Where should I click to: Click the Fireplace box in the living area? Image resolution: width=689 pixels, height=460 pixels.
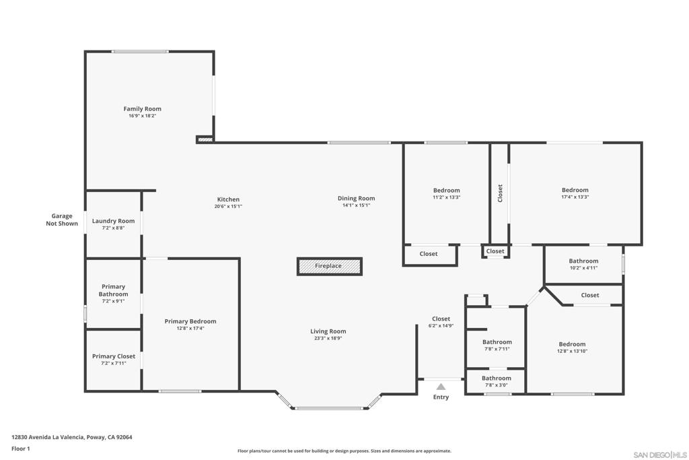coord(329,266)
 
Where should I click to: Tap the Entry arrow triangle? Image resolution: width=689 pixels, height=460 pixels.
coord(441,387)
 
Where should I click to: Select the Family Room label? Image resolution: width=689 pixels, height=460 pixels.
coord(142,108)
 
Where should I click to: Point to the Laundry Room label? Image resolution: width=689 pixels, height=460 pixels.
coord(113,221)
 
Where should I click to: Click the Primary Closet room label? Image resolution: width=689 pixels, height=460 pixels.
coord(114,356)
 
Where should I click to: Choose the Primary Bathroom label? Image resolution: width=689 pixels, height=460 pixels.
coord(113,290)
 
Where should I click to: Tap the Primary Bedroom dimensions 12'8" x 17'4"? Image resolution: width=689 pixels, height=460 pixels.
coord(190,329)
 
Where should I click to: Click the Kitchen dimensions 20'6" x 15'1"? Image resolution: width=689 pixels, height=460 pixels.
coord(228,206)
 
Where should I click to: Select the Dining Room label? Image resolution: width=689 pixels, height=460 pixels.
coord(356,198)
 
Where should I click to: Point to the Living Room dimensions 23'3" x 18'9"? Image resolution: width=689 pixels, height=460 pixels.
coord(328,338)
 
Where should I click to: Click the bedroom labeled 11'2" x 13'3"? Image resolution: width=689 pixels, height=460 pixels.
coord(446,193)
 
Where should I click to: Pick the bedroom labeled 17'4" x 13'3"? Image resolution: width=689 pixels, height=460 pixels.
coord(575,193)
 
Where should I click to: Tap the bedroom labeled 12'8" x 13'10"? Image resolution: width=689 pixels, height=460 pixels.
coord(572,348)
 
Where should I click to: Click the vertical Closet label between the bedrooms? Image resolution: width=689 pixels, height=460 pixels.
coord(500,193)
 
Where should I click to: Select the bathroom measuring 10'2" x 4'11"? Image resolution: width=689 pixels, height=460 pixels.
coord(583,264)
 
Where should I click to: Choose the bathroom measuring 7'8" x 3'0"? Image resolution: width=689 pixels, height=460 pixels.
coord(497,381)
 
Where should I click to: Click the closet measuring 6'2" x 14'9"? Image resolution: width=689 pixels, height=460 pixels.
coord(441,322)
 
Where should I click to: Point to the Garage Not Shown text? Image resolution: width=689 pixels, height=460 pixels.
coord(62,220)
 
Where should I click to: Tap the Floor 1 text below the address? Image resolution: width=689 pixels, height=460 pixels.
coord(21,449)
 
